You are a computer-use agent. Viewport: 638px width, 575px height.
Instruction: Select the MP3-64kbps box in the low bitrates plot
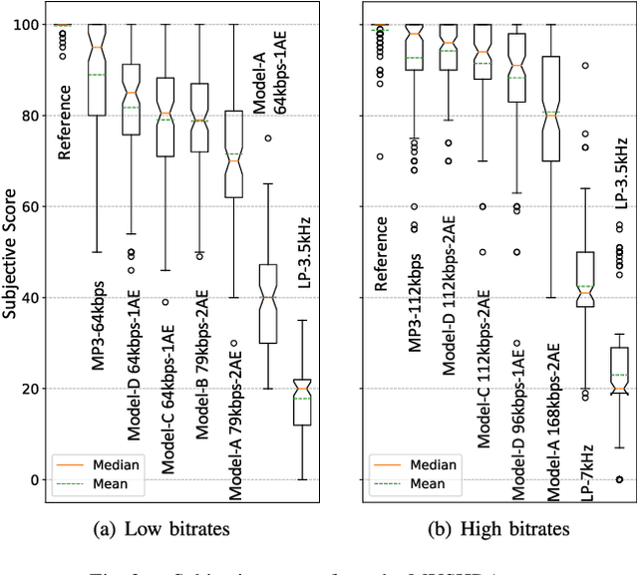click(x=97, y=70)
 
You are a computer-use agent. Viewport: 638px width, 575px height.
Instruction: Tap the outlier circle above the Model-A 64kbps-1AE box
click(x=268, y=139)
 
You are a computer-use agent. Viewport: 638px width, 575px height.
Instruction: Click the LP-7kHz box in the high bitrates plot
click(x=585, y=279)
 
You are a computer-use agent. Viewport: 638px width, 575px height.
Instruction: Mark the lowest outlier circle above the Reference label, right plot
click(x=379, y=156)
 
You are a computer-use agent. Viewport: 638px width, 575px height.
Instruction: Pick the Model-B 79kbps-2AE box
click(x=199, y=118)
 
